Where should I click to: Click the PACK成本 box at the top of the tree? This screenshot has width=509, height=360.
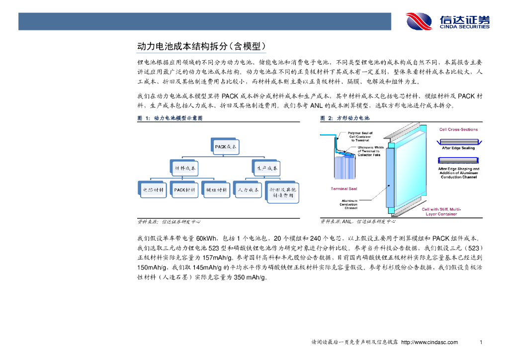pyautogui.click(x=226, y=147)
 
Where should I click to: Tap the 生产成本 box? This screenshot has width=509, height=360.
pyautogui.click(x=266, y=168)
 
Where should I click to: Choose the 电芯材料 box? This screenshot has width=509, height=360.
pyautogui.click(x=152, y=190)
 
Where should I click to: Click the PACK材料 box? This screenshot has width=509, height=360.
pyautogui.click(x=184, y=190)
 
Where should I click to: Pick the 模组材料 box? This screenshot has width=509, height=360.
pyautogui.click(x=217, y=190)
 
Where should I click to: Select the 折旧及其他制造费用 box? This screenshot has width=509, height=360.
pyautogui.click(x=283, y=193)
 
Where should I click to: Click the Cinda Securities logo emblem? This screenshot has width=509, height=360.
pyautogui.click(x=420, y=21)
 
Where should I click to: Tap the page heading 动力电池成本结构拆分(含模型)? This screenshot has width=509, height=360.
pyautogui.click(x=201, y=47)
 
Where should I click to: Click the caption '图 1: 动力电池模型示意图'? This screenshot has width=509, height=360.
pyautogui.click(x=170, y=118)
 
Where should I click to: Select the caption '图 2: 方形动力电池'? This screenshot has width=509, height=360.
pyautogui.click(x=345, y=118)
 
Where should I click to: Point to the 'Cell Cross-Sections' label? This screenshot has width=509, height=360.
pyautogui.click(x=458, y=130)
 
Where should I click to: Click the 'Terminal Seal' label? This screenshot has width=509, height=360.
pyautogui.click(x=344, y=189)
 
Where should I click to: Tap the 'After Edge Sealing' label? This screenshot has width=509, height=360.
pyautogui.click(x=458, y=148)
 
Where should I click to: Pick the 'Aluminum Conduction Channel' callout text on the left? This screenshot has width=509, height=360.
pyautogui.click(x=348, y=204)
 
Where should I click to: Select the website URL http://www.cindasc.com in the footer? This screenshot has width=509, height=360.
pyautogui.click(x=429, y=343)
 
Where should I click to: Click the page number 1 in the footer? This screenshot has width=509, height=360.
pyautogui.click(x=481, y=343)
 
